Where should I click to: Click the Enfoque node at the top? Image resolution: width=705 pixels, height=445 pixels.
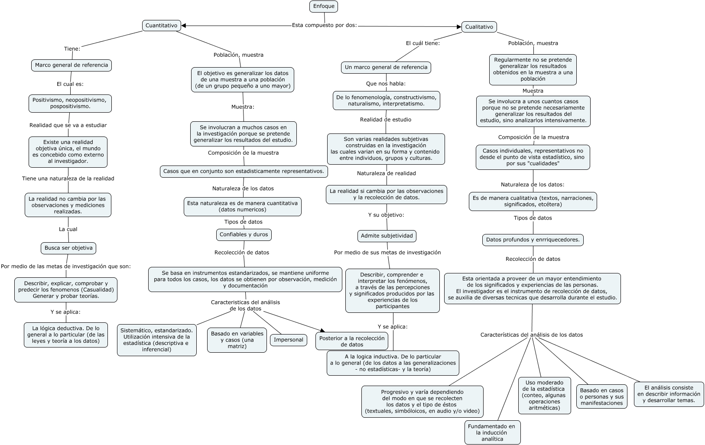click(324, 6)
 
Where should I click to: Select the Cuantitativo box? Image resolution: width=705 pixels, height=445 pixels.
click(161, 26)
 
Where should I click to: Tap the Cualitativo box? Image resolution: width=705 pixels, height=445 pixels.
click(479, 27)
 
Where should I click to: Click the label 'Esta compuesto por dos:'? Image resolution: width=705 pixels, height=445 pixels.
click(324, 25)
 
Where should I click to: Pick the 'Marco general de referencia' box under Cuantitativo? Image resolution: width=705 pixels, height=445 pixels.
click(71, 65)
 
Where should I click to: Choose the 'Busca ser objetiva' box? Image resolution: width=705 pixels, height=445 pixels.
click(68, 248)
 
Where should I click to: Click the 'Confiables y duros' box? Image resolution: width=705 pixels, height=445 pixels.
click(244, 234)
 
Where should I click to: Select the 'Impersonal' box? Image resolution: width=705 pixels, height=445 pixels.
click(288, 340)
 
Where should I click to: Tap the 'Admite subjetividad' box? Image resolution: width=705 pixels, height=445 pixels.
click(387, 236)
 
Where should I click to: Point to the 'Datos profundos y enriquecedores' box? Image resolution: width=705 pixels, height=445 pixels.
click(533, 240)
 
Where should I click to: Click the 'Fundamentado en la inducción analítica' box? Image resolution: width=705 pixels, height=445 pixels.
click(492, 432)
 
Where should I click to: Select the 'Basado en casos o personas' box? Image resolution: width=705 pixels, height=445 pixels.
click(601, 396)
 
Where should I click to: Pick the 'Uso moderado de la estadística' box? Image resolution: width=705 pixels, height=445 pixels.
click(544, 395)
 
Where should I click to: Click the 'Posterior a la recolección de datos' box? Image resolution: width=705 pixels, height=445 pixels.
click(352, 341)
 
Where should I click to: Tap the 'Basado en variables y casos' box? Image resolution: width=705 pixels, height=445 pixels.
click(237, 340)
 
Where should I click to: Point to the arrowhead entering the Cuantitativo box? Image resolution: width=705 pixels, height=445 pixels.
click(184, 26)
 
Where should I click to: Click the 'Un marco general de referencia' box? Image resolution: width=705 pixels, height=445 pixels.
click(386, 67)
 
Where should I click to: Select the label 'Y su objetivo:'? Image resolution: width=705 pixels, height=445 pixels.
click(386, 215)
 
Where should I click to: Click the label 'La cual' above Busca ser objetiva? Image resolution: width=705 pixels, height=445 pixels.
click(68, 229)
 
